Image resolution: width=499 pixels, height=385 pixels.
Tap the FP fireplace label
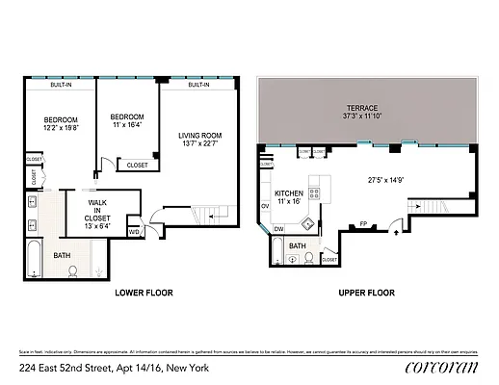364,225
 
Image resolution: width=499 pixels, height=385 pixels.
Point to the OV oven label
265,206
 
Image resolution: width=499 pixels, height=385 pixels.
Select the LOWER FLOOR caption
144,292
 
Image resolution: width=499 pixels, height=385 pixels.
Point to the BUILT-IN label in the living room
199,85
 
